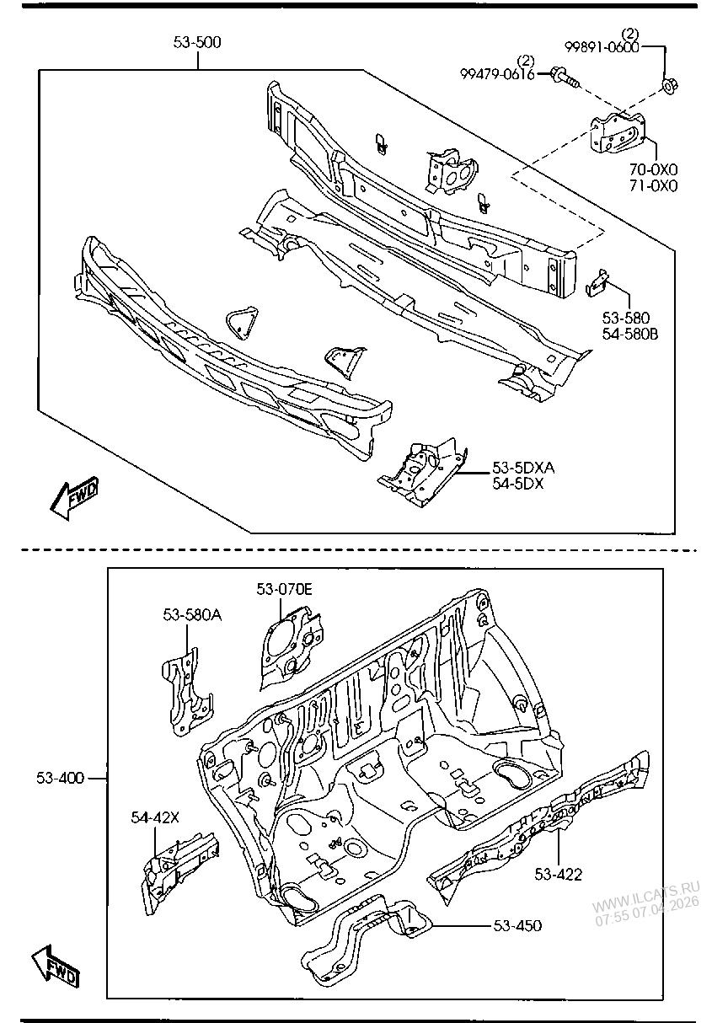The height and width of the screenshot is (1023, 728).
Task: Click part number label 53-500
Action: pos(197,42)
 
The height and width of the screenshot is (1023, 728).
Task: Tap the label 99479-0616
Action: pos(497,74)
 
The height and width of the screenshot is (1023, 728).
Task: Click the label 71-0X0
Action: pos(654,186)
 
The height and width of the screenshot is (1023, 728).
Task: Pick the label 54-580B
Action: pos(629,334)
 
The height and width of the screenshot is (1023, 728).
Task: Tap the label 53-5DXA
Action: pos(524,468)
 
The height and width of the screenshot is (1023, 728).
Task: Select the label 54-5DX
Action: pos(518,484)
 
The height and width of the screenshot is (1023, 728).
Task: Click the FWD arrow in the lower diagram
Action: pos(56,967)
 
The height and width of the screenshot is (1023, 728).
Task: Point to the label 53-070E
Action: pos(284,589)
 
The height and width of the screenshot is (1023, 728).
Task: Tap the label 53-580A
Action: pos(192,615)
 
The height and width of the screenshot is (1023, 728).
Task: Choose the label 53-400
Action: pos(60,778)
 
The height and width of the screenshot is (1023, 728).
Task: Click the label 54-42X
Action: pos(155,816)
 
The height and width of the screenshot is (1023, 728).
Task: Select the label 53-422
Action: pos(558,874)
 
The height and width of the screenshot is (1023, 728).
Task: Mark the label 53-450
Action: pos(517,925)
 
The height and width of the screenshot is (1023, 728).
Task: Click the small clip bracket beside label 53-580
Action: pos(597,282)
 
